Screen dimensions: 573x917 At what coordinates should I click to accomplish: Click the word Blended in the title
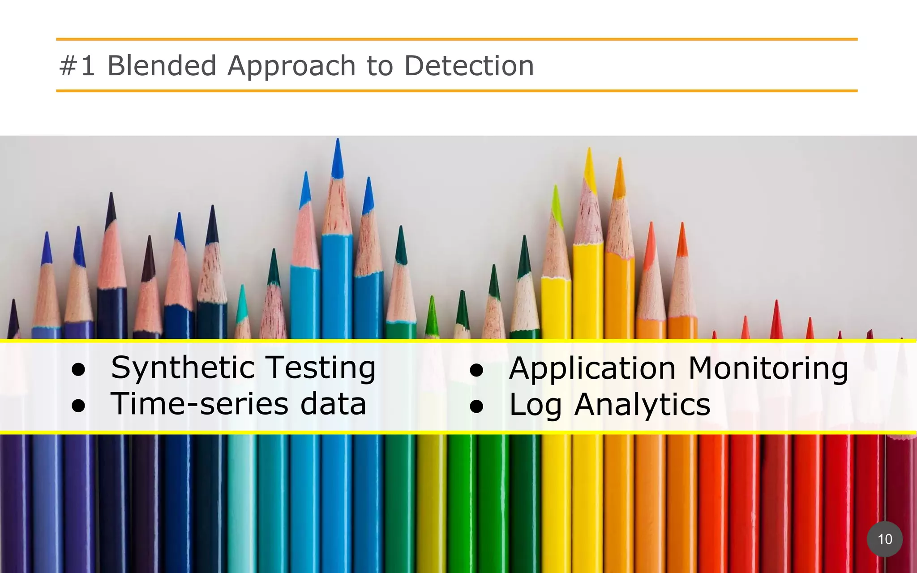pos(162,65)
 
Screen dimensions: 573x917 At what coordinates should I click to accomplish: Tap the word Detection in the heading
pos(469,65)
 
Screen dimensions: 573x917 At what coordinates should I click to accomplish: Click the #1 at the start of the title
pos(77,65)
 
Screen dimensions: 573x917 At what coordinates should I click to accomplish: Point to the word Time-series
pos(199,404)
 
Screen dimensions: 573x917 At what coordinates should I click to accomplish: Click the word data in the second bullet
pos(333,404)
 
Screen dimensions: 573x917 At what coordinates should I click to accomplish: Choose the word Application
pos(592,369)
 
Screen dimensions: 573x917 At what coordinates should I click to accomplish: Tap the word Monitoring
pos(768,369)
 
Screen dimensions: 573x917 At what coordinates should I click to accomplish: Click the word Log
pos(535,405)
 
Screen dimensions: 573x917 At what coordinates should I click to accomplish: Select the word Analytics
pos(642,405)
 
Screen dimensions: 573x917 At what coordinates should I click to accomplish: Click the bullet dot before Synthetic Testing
pos(78,370)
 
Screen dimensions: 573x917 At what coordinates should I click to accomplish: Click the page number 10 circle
pos(885,539)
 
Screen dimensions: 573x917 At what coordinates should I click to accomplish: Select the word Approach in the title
pos(291,66)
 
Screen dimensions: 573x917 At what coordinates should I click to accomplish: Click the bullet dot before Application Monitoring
pos(476,370)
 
